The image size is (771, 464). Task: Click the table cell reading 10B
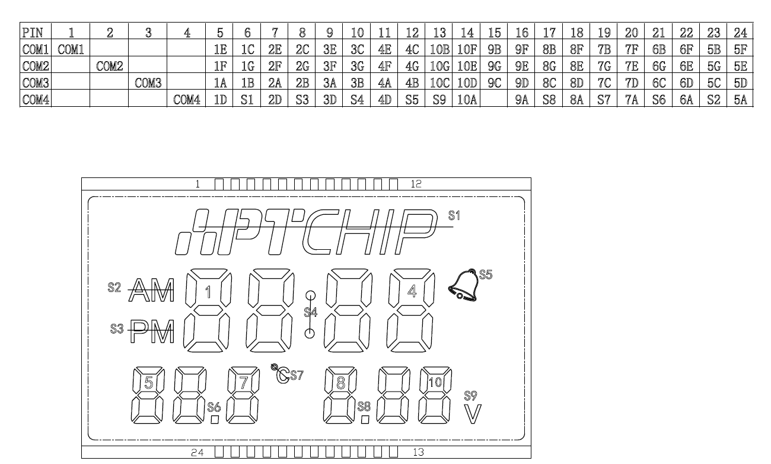tap(439, 50)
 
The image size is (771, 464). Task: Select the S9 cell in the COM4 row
tap(439, 100)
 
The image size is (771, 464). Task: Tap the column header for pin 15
tap(494, 33)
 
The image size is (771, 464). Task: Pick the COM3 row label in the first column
tap(36, 83)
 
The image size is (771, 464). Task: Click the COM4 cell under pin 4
tap(187, 100)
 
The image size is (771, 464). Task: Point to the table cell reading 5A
tap(740, 100)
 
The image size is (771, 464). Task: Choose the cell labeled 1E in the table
tap(220, 50)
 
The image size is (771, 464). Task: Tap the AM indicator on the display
tap(151, 290)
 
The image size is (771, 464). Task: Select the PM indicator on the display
tap(152, 331)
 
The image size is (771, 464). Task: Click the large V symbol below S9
tap(473, 414)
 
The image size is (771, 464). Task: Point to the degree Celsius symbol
tap(281, 374)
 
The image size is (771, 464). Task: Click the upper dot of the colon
tap(310, 295)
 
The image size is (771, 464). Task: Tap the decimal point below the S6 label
tap(215, 419)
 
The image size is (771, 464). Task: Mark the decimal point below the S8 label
tap(365, 419)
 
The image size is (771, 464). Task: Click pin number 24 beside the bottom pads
tap(197, 452)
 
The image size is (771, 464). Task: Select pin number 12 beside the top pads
tap(416, 184)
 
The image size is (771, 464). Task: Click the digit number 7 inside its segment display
tap(243, 382)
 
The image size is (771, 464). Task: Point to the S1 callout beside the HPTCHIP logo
tap(454, 215)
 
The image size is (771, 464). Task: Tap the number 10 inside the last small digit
tap(435, 382)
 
